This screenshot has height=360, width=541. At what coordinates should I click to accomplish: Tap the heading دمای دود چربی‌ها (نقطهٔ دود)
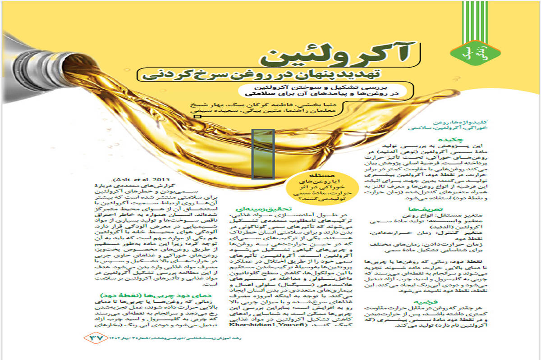[137, 295]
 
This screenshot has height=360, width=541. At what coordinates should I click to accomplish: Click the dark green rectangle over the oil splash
[263, 154]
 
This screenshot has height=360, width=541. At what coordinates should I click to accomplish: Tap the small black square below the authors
[197, 117]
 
